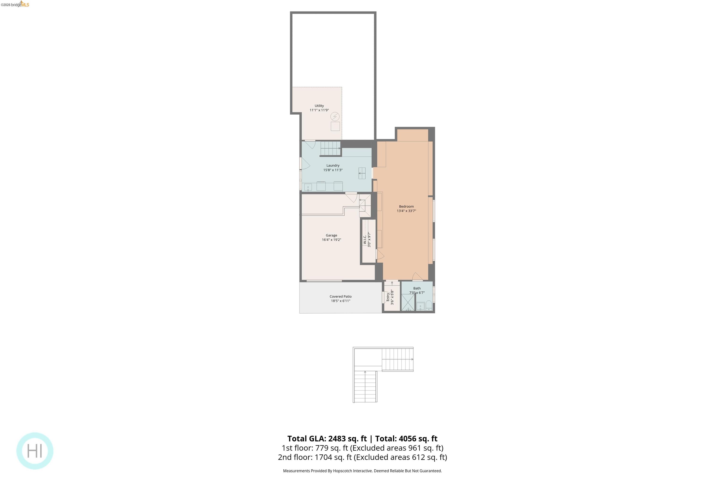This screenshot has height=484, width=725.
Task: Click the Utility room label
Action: [319, 106]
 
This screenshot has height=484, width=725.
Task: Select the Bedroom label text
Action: [406, 207]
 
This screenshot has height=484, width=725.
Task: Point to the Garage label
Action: [331, 235]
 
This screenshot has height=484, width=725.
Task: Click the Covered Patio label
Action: [340, 296]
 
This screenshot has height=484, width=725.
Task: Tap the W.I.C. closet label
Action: [365, 240]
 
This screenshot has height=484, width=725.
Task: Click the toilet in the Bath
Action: [429, 305]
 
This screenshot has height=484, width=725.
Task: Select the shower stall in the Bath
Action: [408, 302]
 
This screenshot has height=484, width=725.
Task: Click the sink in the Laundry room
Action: [308, 187]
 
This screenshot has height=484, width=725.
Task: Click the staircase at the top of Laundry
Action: [330, 148]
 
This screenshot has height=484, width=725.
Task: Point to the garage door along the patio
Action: [324, 281]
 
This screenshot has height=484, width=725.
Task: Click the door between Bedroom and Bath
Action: [417, 277]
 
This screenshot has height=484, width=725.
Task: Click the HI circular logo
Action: [35, 451]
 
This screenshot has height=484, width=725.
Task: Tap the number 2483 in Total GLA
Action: [338, 438]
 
